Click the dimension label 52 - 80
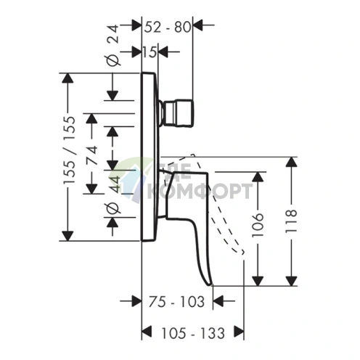pyautogui.click(x=168, y=27)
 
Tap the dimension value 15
pyautogui.click(x=150, y=52)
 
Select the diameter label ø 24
pyautogui.click(x=112, y=45)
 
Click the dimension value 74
pyautogui.click(x=92, y=155)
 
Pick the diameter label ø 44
pyautogui.click(x=113, y=195)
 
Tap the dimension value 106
pyautogui.click(x=258, y=225)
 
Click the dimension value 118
pyautogui.click(x=291, y=221)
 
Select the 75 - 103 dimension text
pyautogui.click(x=176, y=302)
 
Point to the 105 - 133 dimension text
pyautogui.click(x=193, y=333)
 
